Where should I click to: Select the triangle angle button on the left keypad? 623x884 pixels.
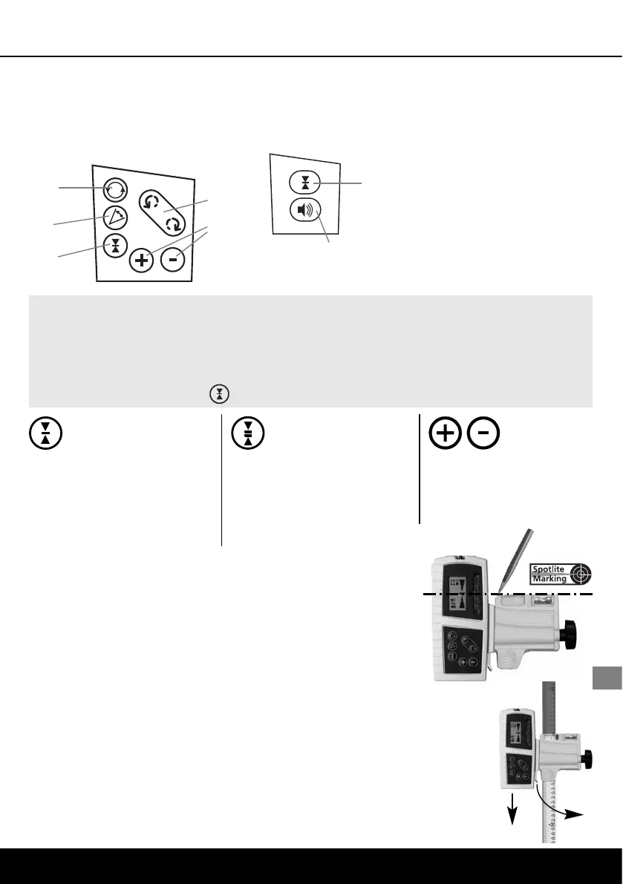[115, 217]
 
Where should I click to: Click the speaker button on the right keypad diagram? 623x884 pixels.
[304, 211]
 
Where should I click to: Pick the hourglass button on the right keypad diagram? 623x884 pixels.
[304, 183]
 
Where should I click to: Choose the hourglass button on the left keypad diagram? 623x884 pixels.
[115, 245]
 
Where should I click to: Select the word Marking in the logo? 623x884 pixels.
[550, 580]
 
